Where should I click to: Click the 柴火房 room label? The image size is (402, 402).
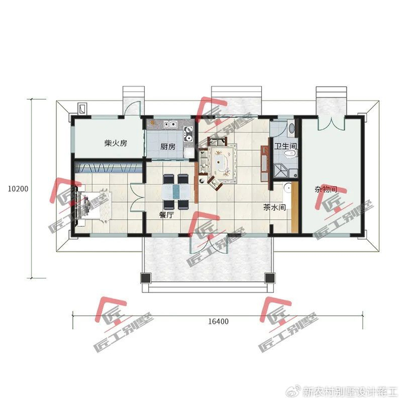click(x=115, y=144)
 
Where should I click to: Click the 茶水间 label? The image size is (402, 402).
click(x=275, y=208)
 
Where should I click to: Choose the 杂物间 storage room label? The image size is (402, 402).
click(x=325, y=189)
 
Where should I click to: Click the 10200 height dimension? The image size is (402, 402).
click(x=17, y=188)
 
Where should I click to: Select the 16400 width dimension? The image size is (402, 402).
click(x=218, y=322)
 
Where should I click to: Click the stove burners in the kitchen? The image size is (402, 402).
click(x=187, y=136)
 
